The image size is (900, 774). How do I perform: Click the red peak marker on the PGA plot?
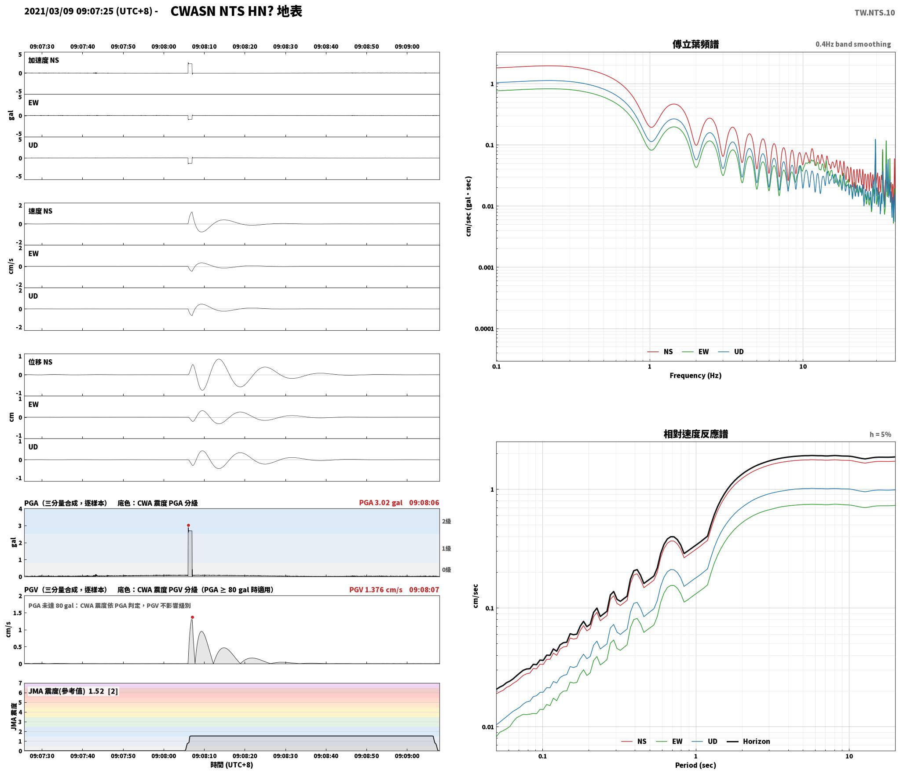188,525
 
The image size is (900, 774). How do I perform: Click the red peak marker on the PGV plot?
192,617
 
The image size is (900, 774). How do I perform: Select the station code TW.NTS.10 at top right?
874,12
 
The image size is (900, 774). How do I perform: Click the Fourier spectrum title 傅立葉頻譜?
695,44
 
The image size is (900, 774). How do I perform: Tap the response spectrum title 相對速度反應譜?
695,434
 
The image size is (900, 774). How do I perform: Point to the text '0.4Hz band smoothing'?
853,44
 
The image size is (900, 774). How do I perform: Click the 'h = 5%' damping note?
880,434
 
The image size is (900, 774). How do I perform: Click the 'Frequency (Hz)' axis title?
695,375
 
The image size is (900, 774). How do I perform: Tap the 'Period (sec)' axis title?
695,765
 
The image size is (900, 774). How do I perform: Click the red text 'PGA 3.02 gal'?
380,503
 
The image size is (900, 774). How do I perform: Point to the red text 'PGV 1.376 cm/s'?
376,589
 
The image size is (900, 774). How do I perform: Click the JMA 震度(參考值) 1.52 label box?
73,691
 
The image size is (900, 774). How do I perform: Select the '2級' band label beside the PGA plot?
446,521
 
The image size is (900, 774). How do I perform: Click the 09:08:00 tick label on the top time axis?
164,46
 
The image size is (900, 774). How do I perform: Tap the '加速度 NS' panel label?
44,60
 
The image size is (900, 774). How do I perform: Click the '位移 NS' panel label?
40,362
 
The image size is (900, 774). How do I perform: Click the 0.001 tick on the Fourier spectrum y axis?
486,267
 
